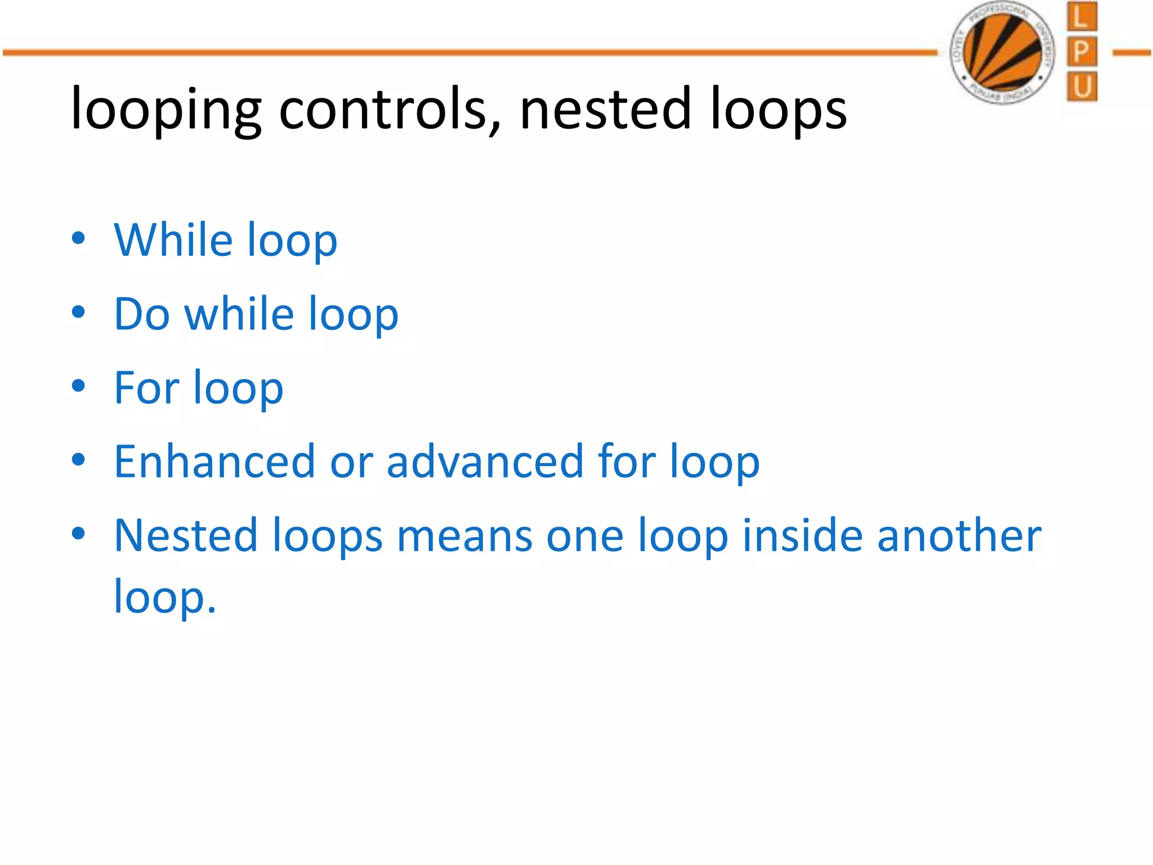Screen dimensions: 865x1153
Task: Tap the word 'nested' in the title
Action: click(x=605, y=108)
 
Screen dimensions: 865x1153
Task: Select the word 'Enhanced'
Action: click(x=214, y=461)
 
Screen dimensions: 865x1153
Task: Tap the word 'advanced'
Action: click(x=485, y=461)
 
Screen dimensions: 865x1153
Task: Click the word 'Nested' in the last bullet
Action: click(x=185, y=535)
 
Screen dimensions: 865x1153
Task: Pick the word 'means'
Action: click(x=464, y=536)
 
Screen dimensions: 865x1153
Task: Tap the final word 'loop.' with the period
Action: click(x=165, y=597)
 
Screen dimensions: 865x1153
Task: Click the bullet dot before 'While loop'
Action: click(x=78, y=238)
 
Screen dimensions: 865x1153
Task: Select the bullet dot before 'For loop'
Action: click(x=78, y=386)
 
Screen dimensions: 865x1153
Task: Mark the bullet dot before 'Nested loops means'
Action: click(x=78, y=534)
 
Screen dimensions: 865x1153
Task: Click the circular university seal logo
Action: click(x=1002, y=52)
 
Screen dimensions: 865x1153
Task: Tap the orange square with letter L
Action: click(x=1081, y=16)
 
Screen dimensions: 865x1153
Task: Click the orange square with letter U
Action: click(x=1081, y=87)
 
